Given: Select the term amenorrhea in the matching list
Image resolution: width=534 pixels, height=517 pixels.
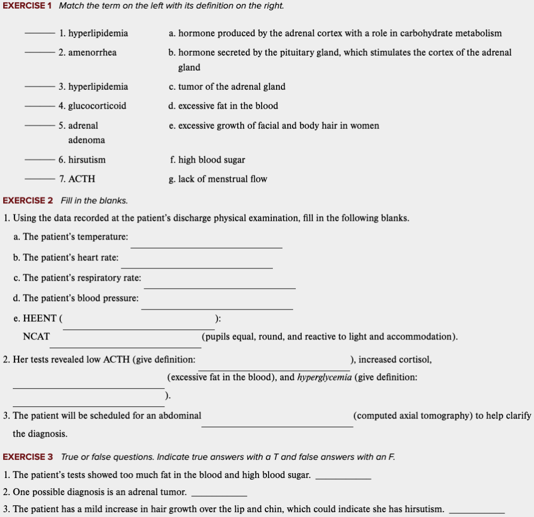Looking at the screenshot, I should point(92,52).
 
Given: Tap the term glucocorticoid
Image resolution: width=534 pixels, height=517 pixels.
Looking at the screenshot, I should point(97,106).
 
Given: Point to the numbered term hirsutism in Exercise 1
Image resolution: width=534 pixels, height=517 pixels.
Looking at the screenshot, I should point(87,160).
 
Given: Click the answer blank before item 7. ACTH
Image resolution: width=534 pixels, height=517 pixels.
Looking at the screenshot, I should point(39,179).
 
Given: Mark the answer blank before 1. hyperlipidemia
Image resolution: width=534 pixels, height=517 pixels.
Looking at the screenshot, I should point(39,34).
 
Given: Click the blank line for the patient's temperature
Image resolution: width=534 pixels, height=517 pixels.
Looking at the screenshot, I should point(206,247).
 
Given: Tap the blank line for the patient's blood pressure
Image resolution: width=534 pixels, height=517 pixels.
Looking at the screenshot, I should point(217,308).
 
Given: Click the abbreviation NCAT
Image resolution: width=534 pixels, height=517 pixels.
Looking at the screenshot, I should point(36,337).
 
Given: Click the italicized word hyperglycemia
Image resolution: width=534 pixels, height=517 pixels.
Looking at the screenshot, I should point(324,377).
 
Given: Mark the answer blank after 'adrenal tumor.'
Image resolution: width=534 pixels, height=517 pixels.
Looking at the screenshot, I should point(219,496).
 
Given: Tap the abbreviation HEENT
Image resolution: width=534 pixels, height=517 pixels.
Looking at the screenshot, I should point(40,319).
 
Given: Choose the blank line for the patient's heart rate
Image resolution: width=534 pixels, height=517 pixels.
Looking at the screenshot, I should point(197,267).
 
